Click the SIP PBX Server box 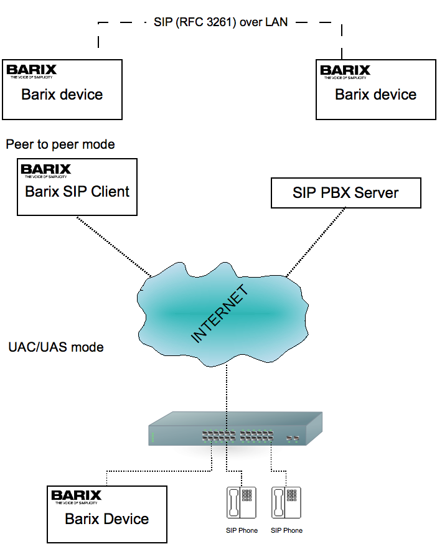click(x=346, y=193)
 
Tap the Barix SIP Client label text click(x=77, y=192)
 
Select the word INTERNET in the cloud click(x=219, y=315)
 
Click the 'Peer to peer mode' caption click(x=60, y=144)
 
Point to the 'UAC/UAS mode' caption click(x=56, y=347)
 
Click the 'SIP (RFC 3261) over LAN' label click(x=221, y=22)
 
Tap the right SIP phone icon click(x=286, y=502)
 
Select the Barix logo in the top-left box click(x=31, y=70)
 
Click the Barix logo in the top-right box click(x=345, y=70)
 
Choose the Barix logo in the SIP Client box click(x=46, y=169)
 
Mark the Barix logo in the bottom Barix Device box click(x=76, y=496)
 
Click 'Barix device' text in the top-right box click(x=376, y=95)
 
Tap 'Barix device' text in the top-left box click(x=62, y=95)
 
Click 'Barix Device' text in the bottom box click(x=107, y=519)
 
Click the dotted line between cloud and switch click(x=227, y=386)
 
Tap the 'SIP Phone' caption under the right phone click(x=286, y=530)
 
